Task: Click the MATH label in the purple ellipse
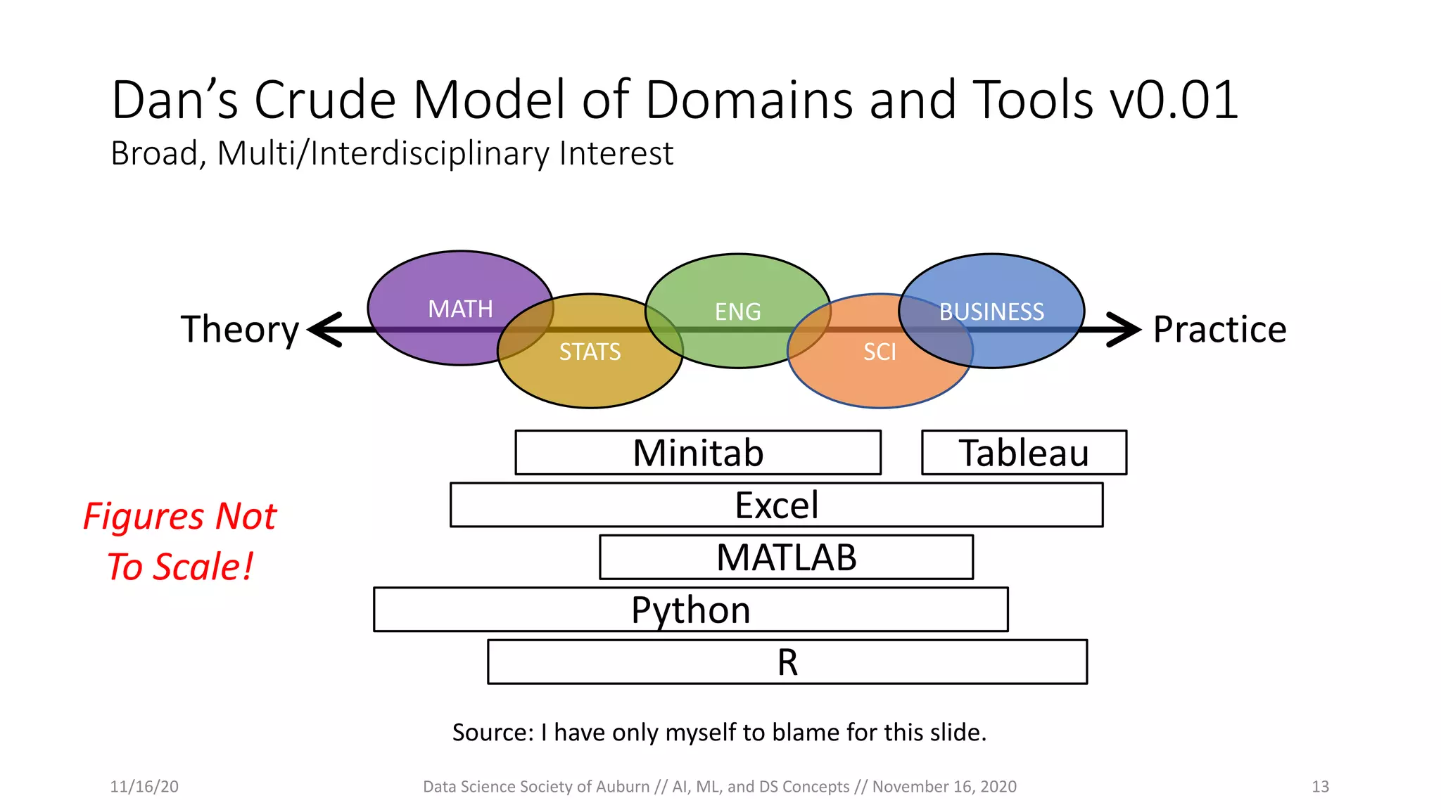click(460, 309)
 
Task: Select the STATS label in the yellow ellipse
click(590, 352)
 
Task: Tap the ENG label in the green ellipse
click(737, 311)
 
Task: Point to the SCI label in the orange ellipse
click(880, 352)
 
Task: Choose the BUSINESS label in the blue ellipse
click(991, 311)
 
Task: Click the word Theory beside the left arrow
click(240, 329)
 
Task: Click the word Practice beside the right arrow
click(1219, 329)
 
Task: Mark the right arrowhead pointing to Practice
click(1126, 329)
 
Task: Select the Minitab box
click(697, 453)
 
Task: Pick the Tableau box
click(1023, 453)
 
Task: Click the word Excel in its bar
click(776, 505)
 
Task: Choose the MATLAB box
click(786, 558)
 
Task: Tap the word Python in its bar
click(690, 610)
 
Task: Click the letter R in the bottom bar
click(787, 662)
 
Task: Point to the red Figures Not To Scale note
click(180, 541)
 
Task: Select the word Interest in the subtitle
click(616, 153)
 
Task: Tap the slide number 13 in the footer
click(1320, 786)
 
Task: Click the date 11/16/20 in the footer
click(144, 786)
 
